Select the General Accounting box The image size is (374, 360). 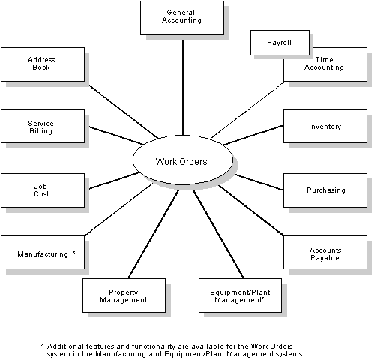182,17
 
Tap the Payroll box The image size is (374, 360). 279,43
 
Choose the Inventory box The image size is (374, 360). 325,127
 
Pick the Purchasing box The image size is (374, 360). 325,190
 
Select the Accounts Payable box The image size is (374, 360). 325,253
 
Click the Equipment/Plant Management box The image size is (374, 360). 241,295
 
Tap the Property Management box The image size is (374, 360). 123,295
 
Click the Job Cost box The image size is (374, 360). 41,190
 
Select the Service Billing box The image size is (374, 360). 41,127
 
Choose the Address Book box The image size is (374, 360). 41,64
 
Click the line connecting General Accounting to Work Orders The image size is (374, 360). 182,82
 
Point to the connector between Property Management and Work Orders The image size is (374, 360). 154,232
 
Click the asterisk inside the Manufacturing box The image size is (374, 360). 73,253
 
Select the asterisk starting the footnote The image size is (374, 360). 43,344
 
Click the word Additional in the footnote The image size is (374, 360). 67,345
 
